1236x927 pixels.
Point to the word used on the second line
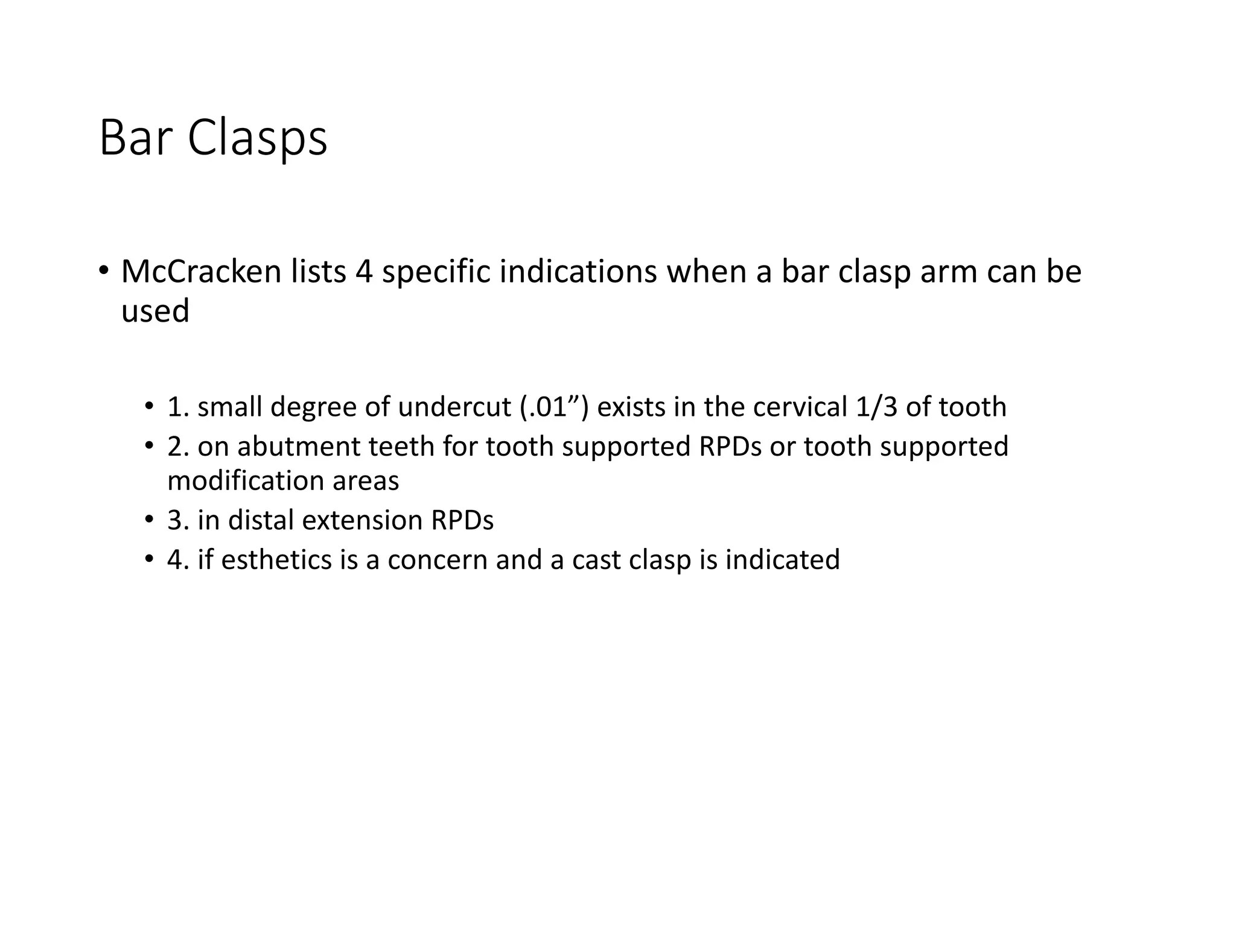click(x=155, y=311)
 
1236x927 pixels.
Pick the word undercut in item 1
click(x=454, y=407)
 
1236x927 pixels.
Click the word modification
click(x=244, y=480)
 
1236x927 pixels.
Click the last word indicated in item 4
click(x=782, y=559)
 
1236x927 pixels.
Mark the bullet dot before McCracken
click(x=104, y=271)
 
